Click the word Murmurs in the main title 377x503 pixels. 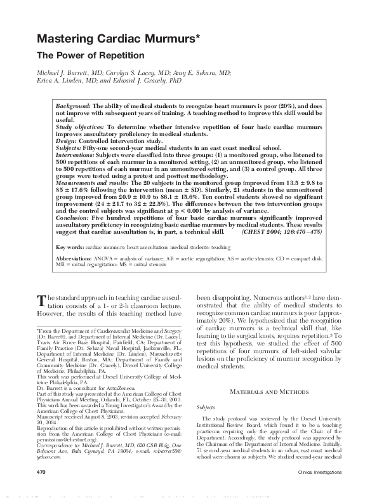[165, 40]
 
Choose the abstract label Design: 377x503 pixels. [68, 140]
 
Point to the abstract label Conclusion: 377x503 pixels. [74, 217]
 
